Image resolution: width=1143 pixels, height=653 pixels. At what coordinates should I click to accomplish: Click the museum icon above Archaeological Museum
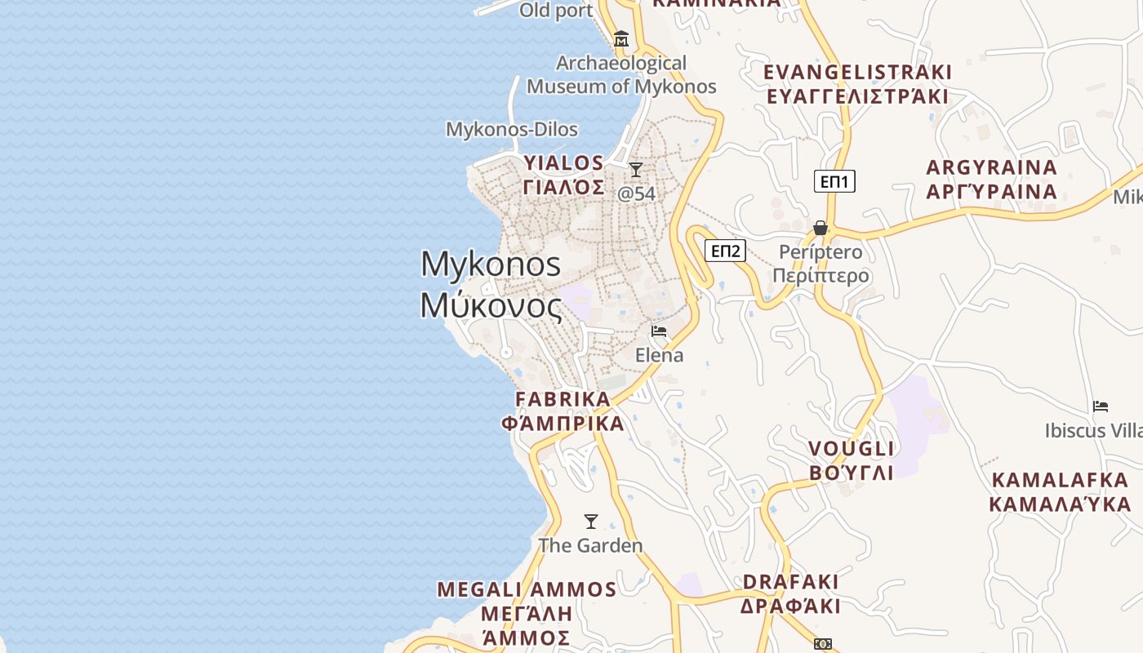tap(621, 38)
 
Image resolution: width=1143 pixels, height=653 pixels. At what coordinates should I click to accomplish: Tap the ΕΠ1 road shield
tap(834, 181)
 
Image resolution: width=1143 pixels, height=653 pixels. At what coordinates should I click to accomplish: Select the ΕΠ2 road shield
tap(725, 251)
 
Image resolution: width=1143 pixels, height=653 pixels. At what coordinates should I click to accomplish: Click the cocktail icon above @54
tap(636, 170)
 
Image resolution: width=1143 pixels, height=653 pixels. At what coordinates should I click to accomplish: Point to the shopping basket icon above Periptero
tap(821, 228)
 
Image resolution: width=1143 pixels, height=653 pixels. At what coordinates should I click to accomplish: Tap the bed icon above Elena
tap(659, 331)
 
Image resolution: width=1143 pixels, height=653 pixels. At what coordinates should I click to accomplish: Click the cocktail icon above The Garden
tap(591, 521)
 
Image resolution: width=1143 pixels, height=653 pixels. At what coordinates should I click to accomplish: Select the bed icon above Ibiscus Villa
tap(1101, 406)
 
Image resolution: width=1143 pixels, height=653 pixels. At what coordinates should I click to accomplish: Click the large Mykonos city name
tap(491, 264)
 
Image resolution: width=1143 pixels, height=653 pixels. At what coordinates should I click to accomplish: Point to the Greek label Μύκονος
tap(491, 306)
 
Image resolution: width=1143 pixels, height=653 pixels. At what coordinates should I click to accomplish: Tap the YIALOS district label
tap(563, 163)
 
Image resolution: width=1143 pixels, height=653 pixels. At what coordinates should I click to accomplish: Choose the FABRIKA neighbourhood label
tap(563, 400)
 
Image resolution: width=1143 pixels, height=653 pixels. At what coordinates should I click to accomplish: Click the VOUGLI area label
tap(852, 449)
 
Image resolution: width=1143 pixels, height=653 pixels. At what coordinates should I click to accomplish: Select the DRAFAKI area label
tap(790, 582)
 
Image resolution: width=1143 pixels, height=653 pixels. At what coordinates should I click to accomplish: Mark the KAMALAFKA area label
tap(1060, 480)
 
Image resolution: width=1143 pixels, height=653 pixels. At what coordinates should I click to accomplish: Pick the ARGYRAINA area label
tap(991, 168)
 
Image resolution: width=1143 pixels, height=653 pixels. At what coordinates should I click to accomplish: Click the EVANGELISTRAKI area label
tap(857, 73)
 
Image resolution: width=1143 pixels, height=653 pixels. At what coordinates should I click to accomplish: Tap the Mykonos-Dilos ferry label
tap(512, 130)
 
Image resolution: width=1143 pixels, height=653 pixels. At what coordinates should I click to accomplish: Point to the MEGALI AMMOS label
tap(527, 589)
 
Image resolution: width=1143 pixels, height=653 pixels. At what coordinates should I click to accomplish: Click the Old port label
tap(556, 11)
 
